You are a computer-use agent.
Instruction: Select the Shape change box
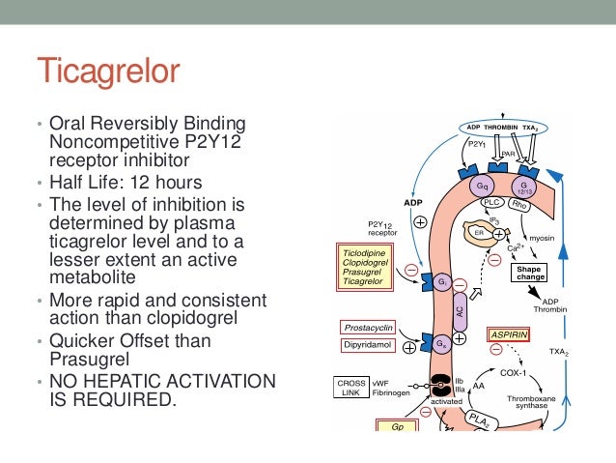pyautogui.click(x=530, y=274)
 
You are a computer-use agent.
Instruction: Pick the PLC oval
pyautogui.click(x=494, y=204)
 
